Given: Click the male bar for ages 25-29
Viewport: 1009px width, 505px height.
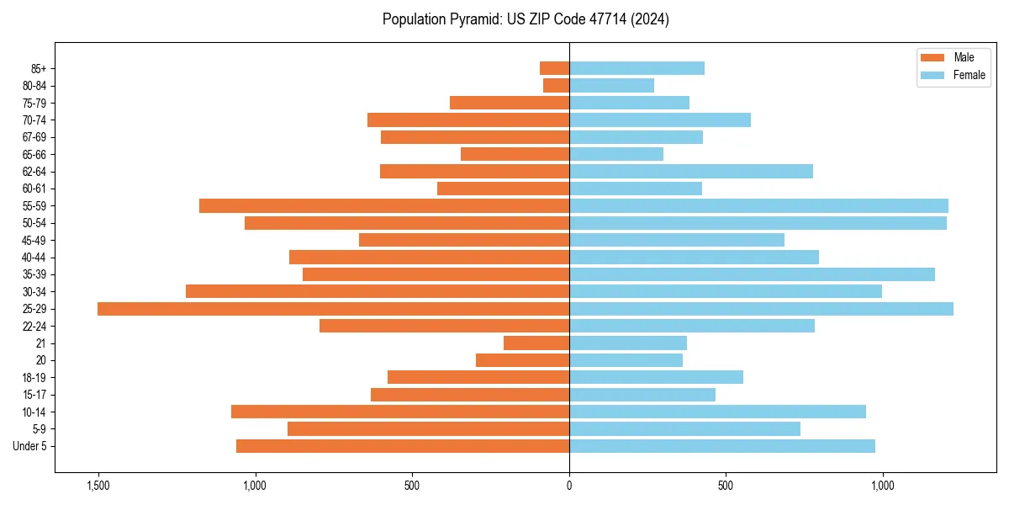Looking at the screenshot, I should pos(333,309).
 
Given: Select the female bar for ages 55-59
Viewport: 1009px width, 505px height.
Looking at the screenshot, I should pos(758,206).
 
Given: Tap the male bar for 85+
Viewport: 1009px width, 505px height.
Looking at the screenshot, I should pos(554,68).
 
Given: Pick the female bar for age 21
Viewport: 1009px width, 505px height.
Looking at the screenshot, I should pos(628,343).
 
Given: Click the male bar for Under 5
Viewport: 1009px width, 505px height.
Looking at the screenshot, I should pos(403,446).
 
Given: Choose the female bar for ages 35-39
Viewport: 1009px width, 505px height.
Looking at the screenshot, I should pos(752,274).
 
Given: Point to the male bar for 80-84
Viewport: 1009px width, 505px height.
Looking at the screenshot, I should pos(556,86).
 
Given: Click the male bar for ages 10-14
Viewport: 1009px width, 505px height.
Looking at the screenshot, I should pos(400,412).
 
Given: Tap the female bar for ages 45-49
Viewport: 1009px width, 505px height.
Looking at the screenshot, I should pos(677,241).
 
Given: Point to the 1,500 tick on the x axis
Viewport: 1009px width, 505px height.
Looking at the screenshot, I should pos(98,486).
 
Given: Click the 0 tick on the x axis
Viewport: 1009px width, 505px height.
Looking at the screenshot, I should pos(569,486).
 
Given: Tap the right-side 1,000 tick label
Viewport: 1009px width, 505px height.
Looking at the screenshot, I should pos(883,486).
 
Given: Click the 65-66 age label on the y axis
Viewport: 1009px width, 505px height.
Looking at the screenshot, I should pos(34,155).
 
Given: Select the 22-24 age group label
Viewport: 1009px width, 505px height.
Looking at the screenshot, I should pos(34,327).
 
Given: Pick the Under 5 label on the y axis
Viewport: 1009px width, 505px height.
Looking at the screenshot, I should pos(30,446).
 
